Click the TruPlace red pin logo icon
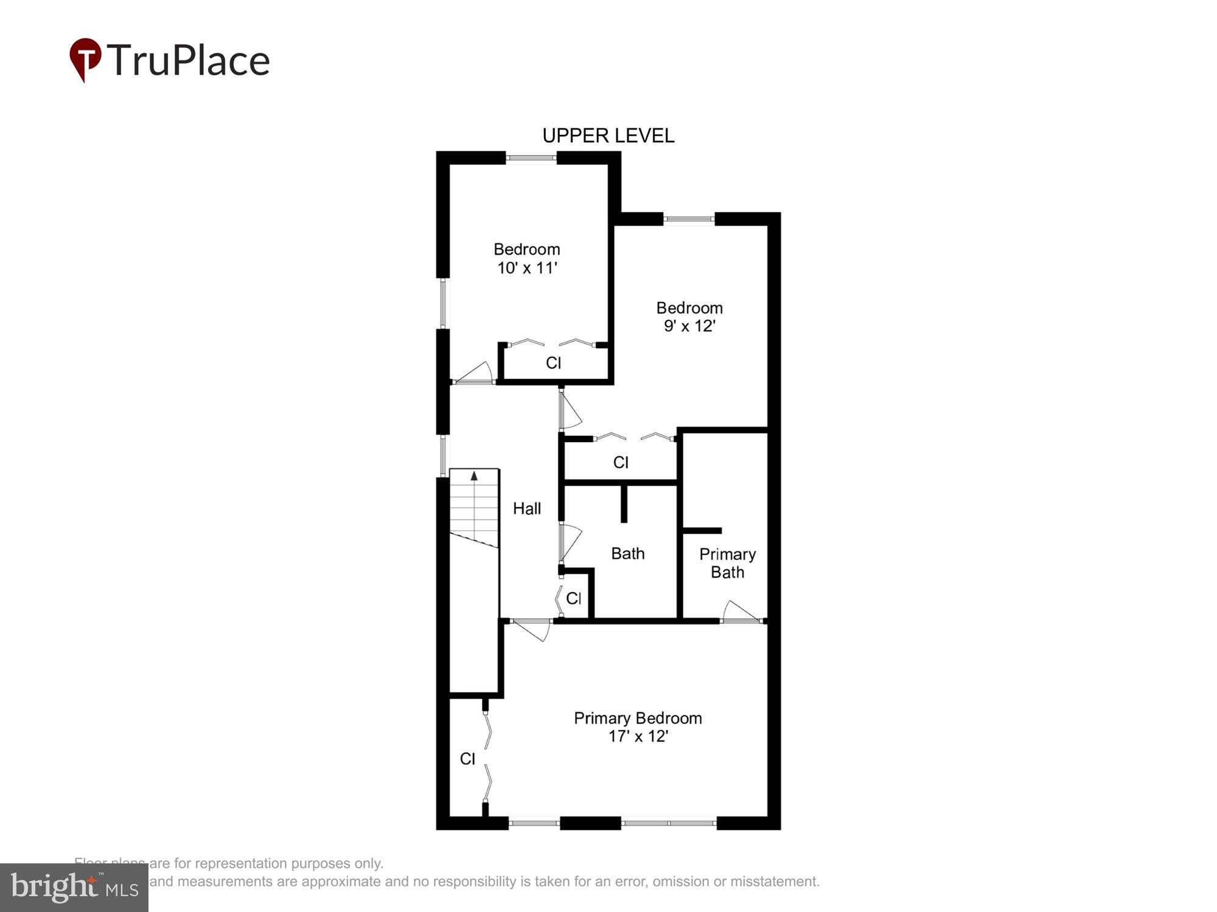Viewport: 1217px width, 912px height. (x=85, y=60)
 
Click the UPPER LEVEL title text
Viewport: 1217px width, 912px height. (x=608, y=136)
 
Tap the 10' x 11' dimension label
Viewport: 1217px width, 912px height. (x=527, y=268)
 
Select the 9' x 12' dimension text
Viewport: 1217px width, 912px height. (x=689, y=326)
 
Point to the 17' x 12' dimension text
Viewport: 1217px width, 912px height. (x=638, y=736)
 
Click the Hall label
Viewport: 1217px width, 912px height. (x=526, y=508)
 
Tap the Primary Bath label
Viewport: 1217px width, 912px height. (x=727, y=563)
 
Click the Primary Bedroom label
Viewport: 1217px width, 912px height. (x=638, y=718)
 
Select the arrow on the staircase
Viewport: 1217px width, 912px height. (x=474, y=476)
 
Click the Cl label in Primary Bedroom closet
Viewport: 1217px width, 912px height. (x=467, y=759)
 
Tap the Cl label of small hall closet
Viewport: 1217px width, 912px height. (x=574, y=598)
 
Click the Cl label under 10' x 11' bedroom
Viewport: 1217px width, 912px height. (x=553, y=363)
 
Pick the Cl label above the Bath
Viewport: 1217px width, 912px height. (x=621, y=463)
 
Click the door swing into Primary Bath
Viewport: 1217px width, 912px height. (x=741, y=612)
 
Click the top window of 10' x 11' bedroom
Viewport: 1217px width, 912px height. (x=531, y=158)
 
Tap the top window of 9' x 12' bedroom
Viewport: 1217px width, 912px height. (x=688, y=219)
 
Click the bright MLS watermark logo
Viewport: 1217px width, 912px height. (x=74, y=888)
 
